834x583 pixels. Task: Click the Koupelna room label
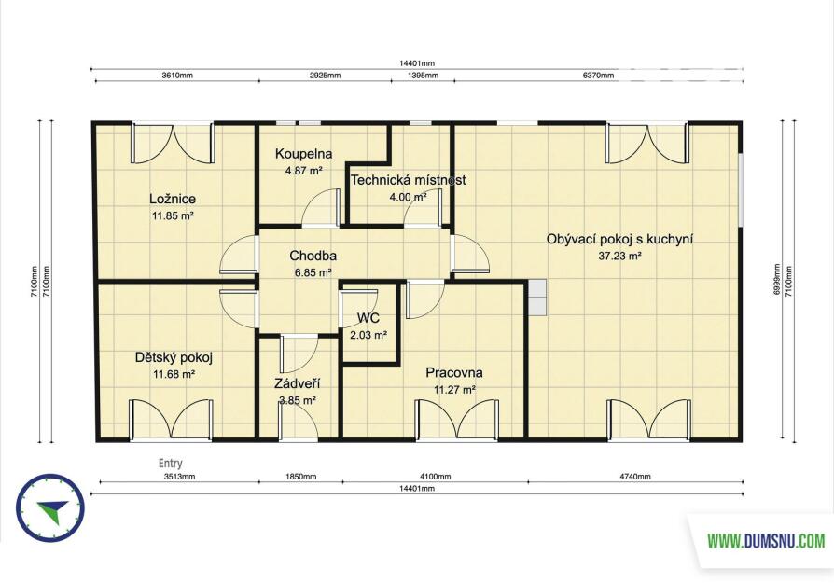click(x=304, y=154)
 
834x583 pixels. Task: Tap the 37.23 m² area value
click(x=619, y=256)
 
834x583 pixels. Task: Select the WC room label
click(x=368, y=318)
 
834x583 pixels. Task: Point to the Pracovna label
click(x=453, y=372)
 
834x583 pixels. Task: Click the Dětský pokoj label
click(x=174, y=357)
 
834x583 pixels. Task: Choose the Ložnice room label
click(x=173, y=199)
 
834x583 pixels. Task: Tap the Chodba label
click(x=313, y=256)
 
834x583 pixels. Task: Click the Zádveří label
click(x=298, y=383)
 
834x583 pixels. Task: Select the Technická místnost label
click(x=408, y=180)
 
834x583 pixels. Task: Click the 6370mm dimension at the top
click(x=598, y=76)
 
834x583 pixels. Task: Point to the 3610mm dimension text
click(x=177, y=76)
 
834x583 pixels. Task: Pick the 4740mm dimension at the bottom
click(x=635, y=477)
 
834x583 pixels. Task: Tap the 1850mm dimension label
click(x=301, y=477)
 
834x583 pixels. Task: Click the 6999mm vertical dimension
click(x=776, y=280)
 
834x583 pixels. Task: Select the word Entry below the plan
click(x=170, y=464)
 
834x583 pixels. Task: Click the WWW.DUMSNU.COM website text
click(x=766, y=542)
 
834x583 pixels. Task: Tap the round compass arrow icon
click(x=50, y=508)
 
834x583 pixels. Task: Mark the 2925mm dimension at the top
click(x=325, y=76)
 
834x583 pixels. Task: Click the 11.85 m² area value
click(x=173, y=216)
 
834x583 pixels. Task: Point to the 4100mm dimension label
click(x=436, y=477)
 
